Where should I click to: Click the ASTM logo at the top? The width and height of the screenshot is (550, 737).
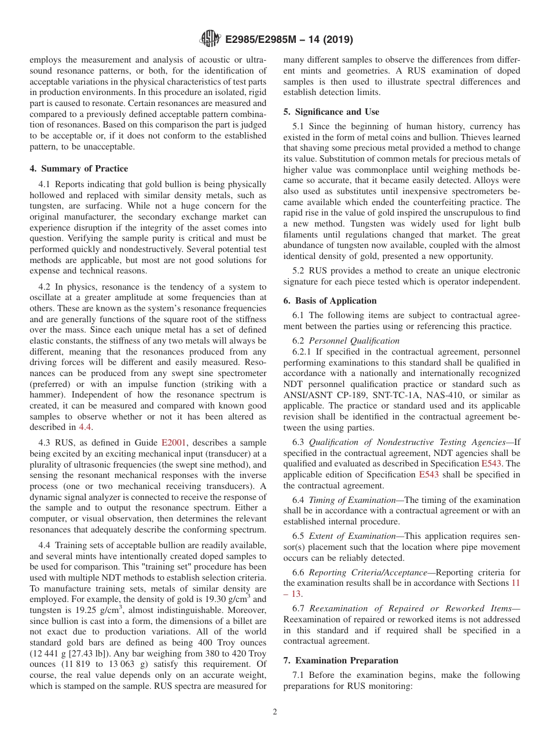pos(210,39)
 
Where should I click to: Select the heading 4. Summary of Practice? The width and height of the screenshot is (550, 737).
pos(79,169)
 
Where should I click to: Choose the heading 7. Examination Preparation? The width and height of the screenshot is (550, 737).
pos(340,660)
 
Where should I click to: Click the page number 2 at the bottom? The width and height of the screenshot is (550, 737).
pos(275,712)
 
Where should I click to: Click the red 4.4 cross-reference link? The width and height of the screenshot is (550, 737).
pos(85,427)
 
